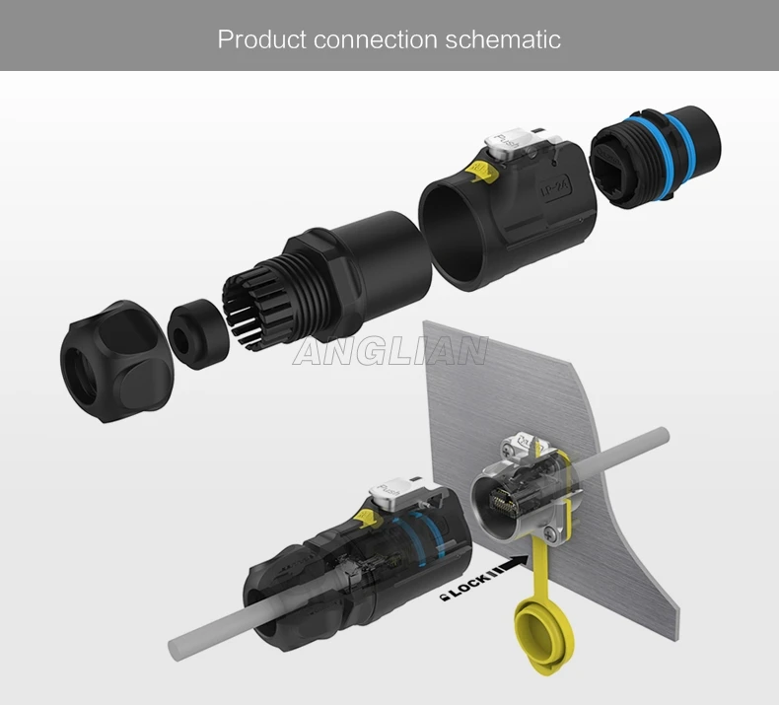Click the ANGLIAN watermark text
click(x=390, y=351)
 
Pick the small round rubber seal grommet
click(x=197, y=334)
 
